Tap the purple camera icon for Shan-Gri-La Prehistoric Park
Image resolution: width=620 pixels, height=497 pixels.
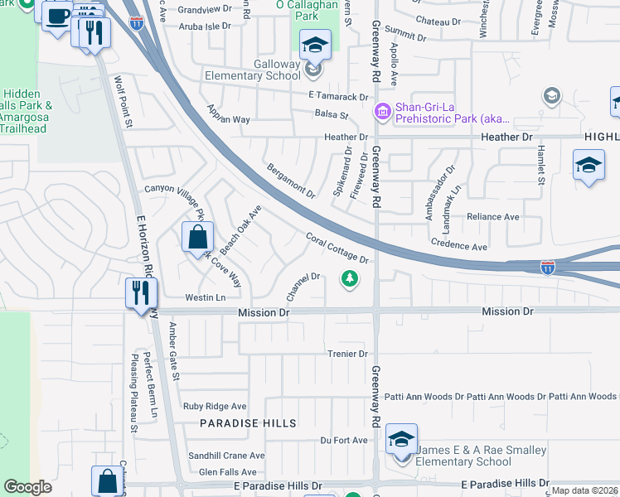(x=382, y=110)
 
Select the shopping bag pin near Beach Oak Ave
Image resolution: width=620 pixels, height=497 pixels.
(x=198, y=238)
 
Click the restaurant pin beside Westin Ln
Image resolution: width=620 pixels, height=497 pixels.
(x=139, y=293)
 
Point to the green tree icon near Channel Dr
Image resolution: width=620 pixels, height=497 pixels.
(x=351, y=279)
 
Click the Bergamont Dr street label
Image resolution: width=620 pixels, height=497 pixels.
(x=291, y=181)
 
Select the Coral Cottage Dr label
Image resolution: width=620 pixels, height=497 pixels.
(x=337, y=248)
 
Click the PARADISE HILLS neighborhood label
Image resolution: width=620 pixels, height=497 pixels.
(x=248, y=423)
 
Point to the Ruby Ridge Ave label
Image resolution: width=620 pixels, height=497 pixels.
(x=216, y=407)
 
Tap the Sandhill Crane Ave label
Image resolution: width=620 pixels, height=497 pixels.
(x=226, y=456)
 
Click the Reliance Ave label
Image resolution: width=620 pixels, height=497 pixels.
(x=492, y=217)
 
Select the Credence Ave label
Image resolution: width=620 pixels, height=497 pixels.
(x=459, y=246)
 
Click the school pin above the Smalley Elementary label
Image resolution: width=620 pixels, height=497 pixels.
(x=401, y=440)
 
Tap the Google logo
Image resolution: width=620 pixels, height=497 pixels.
(x=27, y=487)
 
